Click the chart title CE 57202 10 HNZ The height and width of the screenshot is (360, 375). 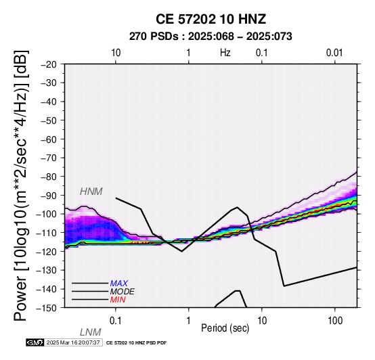(x=211, y=19)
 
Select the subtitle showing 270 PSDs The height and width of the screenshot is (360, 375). (x=211, y=37)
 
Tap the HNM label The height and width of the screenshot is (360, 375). (x=91, y=192)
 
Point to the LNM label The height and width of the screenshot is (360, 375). (x=91, y=332)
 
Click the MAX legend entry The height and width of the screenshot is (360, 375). (x=118, y=284)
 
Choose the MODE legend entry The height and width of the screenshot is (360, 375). (x=123, y=292)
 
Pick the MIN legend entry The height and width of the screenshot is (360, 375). (x=118, y=300)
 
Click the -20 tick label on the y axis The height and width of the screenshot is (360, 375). (x=49, y=64)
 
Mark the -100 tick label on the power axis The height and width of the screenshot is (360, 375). (x=47, y=215)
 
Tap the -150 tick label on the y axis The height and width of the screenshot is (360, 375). (x=47, y=308)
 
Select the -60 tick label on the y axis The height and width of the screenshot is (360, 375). (x=49, y=139)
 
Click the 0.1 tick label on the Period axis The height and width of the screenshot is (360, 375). (x=116, y=321)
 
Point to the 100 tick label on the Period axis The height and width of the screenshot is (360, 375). (x=335, y=321)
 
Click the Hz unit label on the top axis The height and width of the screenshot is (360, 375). (x=225, y=53)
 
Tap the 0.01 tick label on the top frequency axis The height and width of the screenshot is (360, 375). (x=334, y=53)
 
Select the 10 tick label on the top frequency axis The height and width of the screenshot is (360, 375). (x=116, y=53)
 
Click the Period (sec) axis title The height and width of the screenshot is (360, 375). (x=225, y=328)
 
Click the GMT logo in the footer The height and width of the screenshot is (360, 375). (x=35, y=342)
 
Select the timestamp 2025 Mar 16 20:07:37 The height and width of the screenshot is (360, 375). (x=73, y=342)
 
